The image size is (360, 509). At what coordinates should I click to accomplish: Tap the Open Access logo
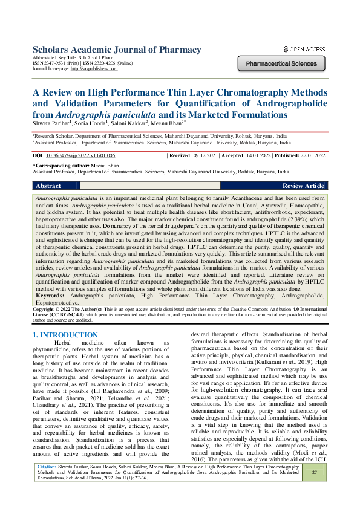pyautogui.click(x=304, y=49)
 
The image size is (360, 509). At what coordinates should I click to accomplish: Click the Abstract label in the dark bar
pyautogui.click(x=48, y=186)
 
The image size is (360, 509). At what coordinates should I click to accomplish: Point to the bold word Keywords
pyautogui.click(x=51, y=295)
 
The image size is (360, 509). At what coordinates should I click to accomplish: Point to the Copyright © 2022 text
pyautogui.click(x=50, y=308)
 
